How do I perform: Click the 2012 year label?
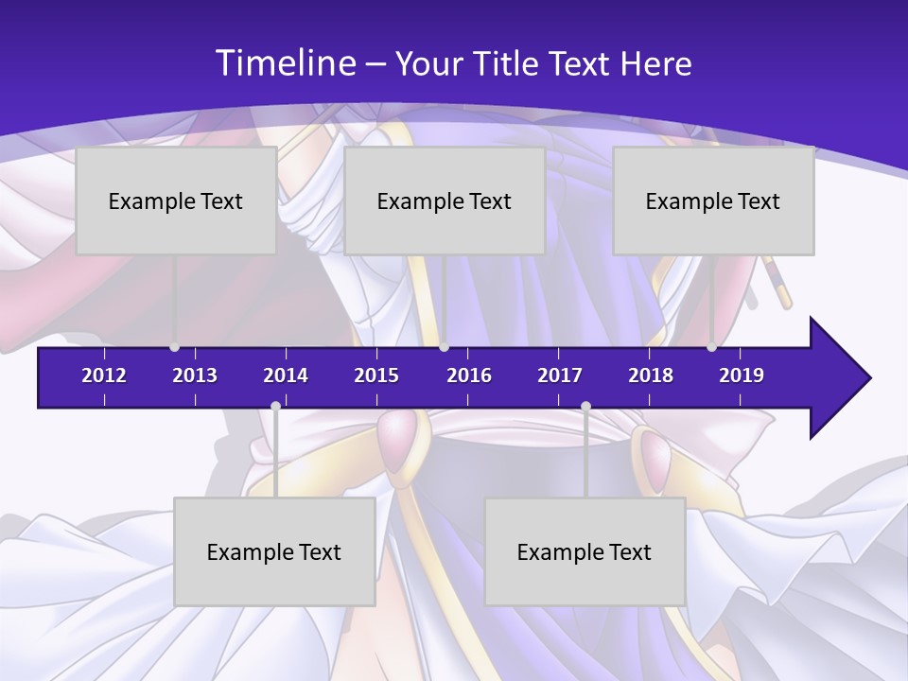104,375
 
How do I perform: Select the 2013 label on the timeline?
195,375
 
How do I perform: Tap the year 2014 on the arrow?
286,375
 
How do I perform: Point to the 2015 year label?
376,375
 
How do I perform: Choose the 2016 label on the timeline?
469,375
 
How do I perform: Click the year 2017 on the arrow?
560,375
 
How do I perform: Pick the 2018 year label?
651,375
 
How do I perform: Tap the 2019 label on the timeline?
742,375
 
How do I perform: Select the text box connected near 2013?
176,201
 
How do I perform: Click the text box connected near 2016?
445,201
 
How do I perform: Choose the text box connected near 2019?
713,201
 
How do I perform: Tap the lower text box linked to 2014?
274,551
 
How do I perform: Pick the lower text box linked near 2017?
585,551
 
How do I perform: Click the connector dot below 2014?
275,406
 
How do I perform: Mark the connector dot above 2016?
445,347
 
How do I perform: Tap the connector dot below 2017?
585,406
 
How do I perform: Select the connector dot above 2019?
711,347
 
